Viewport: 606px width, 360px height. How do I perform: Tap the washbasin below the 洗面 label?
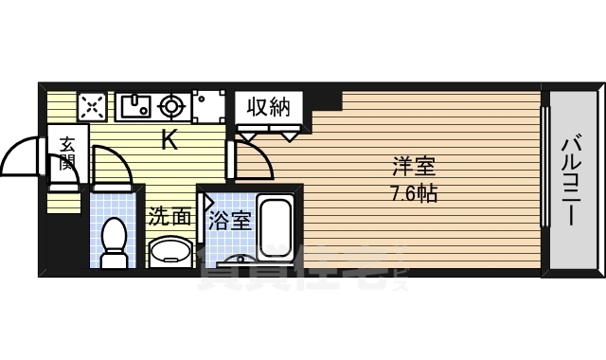click(170, 252)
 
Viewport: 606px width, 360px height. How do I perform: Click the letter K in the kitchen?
click(169, 141)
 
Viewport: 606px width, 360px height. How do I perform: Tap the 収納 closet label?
click(269, 106)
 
